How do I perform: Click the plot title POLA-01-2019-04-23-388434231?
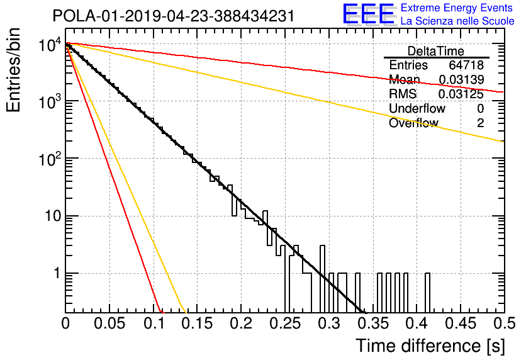pos(174,16)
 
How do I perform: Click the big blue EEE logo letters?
pos(369,14)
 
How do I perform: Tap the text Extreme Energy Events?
pos(457,8)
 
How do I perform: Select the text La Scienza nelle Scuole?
pos(457,21)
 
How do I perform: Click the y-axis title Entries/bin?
pos(13,70)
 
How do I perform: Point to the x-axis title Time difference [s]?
pos(430,346)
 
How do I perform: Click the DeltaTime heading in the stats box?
pos(436,51)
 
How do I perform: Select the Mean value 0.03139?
pos(461,79)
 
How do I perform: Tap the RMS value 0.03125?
pos(461,94)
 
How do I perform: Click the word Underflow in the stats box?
pos(417,108)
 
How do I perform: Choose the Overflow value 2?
pos(480,123)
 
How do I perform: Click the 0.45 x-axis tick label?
pos(461,323)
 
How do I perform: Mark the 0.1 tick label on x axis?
pos(155,323)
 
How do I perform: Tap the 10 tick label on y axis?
pos(53,216)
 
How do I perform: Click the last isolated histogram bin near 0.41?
pos(427,293)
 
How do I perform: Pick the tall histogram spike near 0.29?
pos(322,278)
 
